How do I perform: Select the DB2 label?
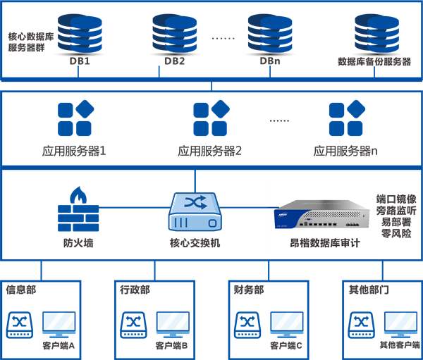coord(174,61)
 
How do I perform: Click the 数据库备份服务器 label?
coord(374,61)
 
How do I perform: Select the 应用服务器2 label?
coord(210,151)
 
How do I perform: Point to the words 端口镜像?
coord(396,199)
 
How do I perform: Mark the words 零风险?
coord(396,233)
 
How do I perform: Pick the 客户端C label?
coord(286,346)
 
